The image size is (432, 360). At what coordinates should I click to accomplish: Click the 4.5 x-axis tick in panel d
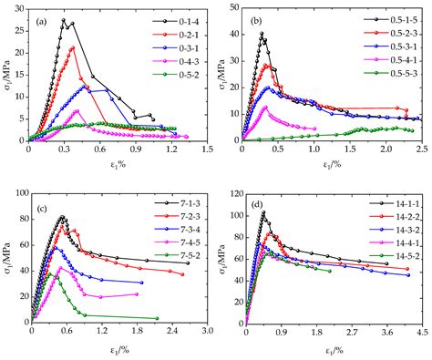422,334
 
